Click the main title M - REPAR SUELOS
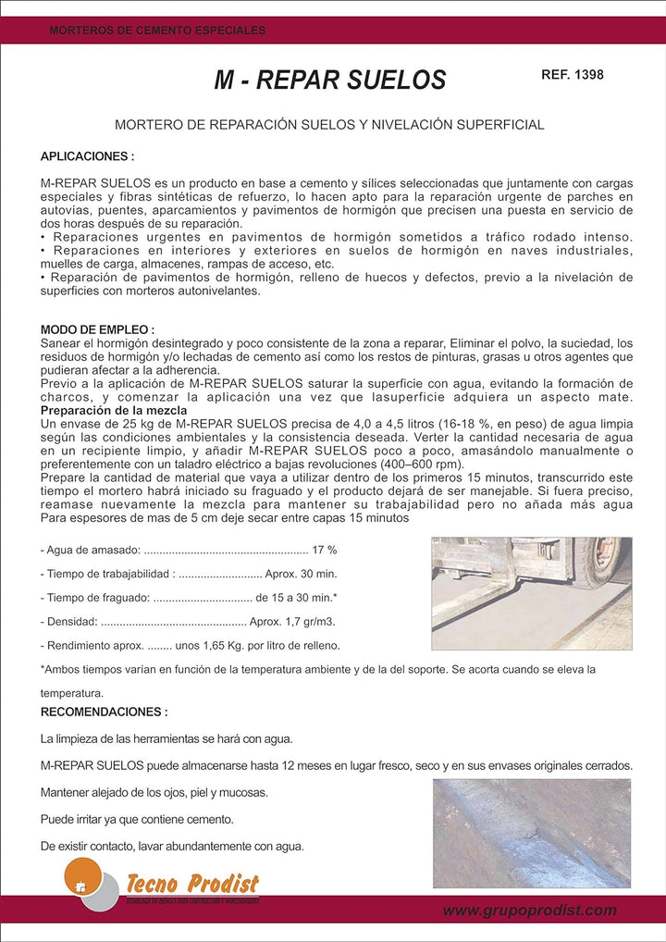330,81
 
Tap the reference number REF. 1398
572,74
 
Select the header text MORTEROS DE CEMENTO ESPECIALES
157,31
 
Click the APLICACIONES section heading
88,157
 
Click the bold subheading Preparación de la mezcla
114,410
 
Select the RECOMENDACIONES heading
105,713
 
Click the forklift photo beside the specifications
532,593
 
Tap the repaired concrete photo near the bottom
532,833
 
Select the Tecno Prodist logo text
192,885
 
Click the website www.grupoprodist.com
529,911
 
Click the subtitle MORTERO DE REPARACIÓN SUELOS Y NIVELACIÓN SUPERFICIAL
329,124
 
